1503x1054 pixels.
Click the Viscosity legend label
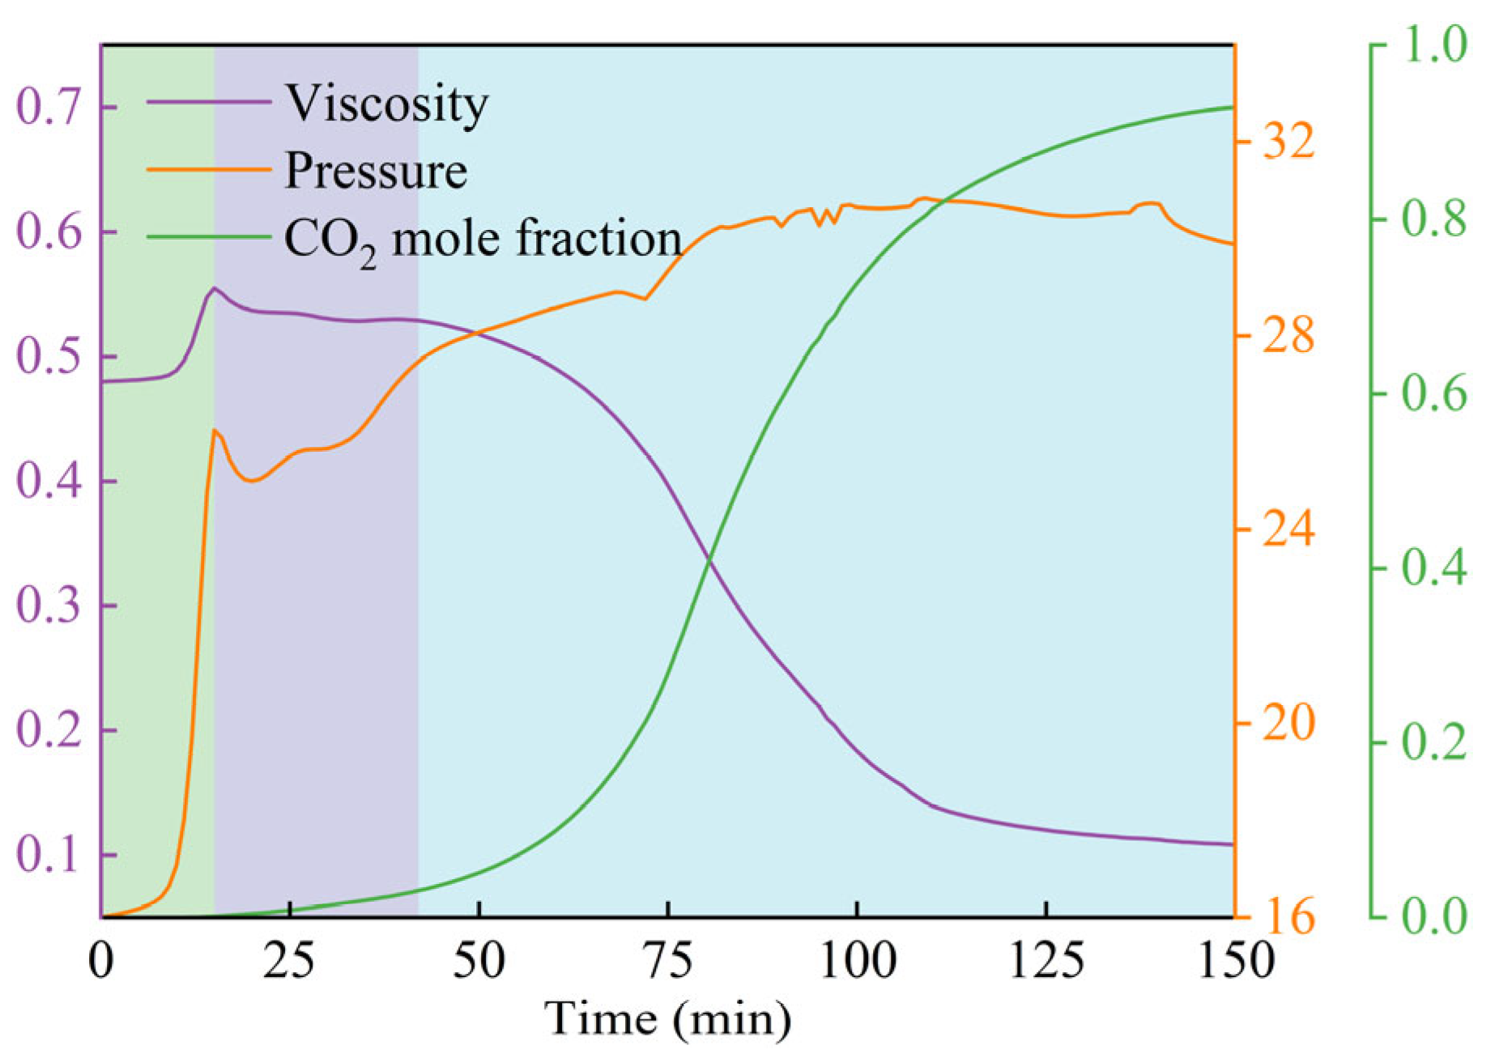click(x=386, y=104)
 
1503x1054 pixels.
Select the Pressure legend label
click(x=376, y=171)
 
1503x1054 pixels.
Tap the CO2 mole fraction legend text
click(x=483, y=240)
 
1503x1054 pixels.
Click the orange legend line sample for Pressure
click(x=208, y=169)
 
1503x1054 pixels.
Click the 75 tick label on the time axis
click(x=668, y=961)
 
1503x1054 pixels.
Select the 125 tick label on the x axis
click(x=1046, y=961)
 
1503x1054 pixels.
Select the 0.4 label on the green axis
click(x=1433, y=567)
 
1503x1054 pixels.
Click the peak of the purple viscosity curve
click(x=214, y=288)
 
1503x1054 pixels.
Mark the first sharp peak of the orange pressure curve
click(x=214, y=430)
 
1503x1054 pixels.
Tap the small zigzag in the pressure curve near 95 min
click(x=826, y=217)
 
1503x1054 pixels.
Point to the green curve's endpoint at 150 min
click(x=1231, y=107)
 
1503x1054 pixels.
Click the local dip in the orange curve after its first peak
click(x=253, y=481)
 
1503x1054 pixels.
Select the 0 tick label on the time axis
click(x=101, y=961)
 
